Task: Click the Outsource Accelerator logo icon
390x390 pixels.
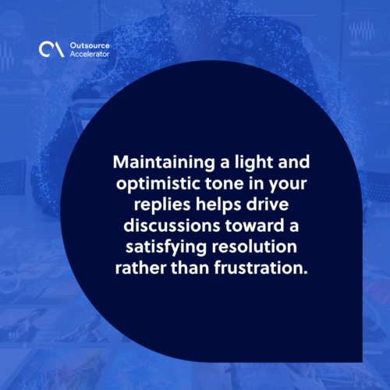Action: coord(51,49)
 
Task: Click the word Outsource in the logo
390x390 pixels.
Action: coord(90,45)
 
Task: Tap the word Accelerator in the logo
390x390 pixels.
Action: coord(90,54)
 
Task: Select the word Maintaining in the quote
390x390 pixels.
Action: coord(164,163)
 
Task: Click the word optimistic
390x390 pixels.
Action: coord(158,184)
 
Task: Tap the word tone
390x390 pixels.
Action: coord(225,184)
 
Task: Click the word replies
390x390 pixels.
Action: coord(162,205)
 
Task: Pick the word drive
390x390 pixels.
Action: coord(268,204)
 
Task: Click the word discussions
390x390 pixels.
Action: coord(172,225)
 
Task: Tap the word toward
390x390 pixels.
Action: coord(254,225)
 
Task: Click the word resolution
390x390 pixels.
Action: coord(254,246)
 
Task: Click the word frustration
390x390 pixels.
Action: coord(261,268)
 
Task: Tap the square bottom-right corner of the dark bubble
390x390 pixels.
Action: coord(362,362)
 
